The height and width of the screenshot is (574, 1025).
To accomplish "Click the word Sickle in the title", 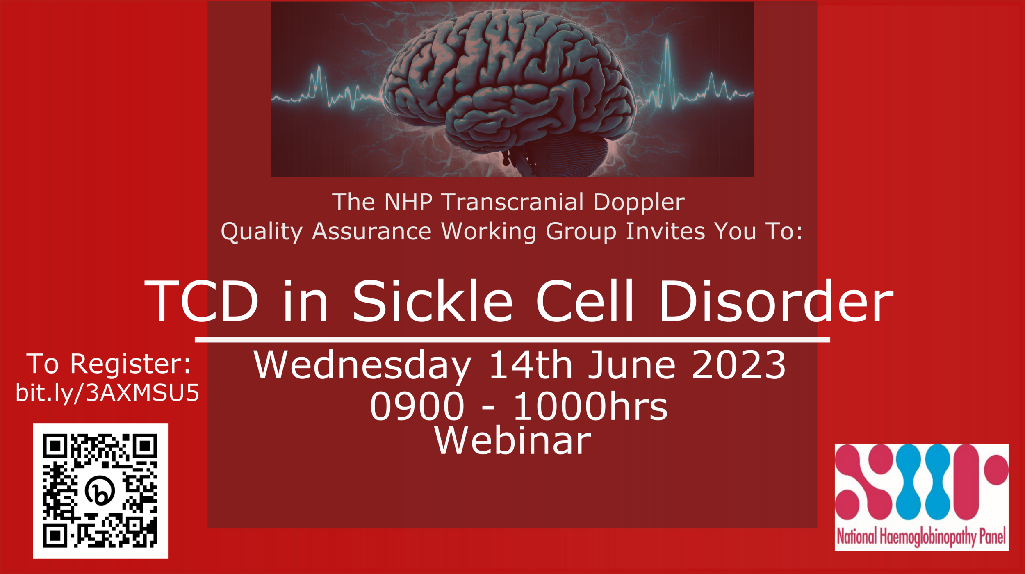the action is coord(433,301).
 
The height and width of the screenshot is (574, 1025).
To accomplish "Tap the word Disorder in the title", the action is coord(776,301).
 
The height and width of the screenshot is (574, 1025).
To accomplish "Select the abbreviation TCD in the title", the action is coord(201,301).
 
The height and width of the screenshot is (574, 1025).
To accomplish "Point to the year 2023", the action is coord(738,364).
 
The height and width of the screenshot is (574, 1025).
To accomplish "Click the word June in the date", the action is coord(632,364).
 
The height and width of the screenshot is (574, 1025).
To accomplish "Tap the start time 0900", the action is coord(417,406).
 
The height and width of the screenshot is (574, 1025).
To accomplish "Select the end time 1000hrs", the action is coord(590,405).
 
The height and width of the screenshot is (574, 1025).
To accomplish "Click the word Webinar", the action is coord(513,440).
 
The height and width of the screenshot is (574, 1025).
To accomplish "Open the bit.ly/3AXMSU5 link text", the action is coord(107,393).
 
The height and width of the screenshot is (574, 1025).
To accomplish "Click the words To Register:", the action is coord(109,364).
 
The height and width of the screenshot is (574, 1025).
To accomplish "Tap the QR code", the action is coord(100,491).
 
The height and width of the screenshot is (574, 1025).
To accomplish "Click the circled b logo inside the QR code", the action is coord(100,490).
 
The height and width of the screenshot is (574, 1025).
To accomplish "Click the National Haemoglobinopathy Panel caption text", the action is coord(921,537).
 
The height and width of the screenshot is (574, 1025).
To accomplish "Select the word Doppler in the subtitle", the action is coord(639,203).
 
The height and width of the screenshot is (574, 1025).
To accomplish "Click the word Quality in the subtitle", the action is coord(262,232).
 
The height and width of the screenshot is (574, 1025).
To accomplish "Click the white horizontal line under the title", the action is coord(512,339).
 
